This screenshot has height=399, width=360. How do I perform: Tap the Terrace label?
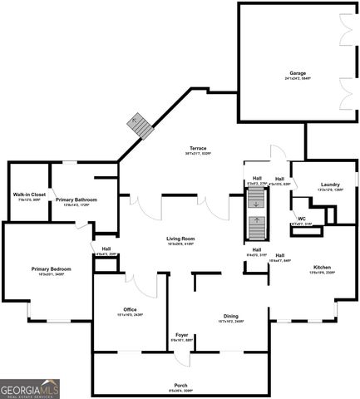[197, 147]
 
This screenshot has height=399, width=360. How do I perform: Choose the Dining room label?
[232, 316]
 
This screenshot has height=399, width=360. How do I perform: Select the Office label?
[130, 309]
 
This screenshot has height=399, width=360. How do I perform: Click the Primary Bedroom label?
[52, 268]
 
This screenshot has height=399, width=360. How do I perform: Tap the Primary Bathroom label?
[76, 199]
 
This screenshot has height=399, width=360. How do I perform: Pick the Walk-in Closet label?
[27, 195]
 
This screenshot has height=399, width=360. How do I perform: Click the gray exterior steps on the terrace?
[139, 127]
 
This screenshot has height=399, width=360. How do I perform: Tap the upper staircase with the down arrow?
[256, 199]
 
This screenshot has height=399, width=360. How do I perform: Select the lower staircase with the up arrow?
[256, 226]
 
